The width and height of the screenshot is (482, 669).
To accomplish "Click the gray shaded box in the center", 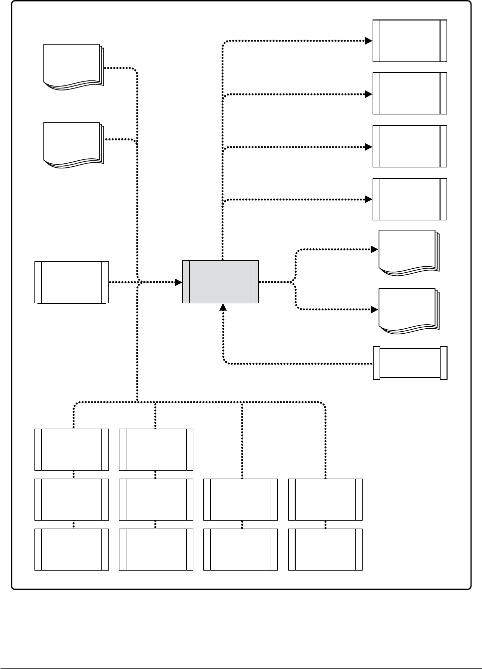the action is [220, 282].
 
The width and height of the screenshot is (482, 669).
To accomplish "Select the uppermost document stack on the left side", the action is [73, 66].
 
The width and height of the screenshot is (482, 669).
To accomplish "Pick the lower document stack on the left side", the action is [73, 144].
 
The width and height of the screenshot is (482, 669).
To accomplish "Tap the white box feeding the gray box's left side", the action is [71, 282].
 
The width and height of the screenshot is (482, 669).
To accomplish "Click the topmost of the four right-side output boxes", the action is [410, 41].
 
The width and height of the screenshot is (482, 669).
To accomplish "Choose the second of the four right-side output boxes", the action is [410, 93].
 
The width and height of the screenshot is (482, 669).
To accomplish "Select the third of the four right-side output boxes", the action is [410, 146].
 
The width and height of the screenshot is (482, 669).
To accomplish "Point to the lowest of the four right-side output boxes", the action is [410, 199].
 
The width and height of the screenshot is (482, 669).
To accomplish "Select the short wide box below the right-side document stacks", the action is [410, 363].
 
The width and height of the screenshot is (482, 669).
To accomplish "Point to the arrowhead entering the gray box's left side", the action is [178, 282].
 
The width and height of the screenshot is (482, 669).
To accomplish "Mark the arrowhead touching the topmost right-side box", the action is [369, 41].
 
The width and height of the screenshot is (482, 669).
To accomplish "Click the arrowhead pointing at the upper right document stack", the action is [375, 249].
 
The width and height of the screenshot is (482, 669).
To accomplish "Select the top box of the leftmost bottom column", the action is [71, 449].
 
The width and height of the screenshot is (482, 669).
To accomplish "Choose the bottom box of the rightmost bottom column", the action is [325, 550].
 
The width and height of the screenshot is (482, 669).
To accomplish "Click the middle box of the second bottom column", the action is [156, 500].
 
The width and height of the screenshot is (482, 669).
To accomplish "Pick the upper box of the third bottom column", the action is [241, 500].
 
